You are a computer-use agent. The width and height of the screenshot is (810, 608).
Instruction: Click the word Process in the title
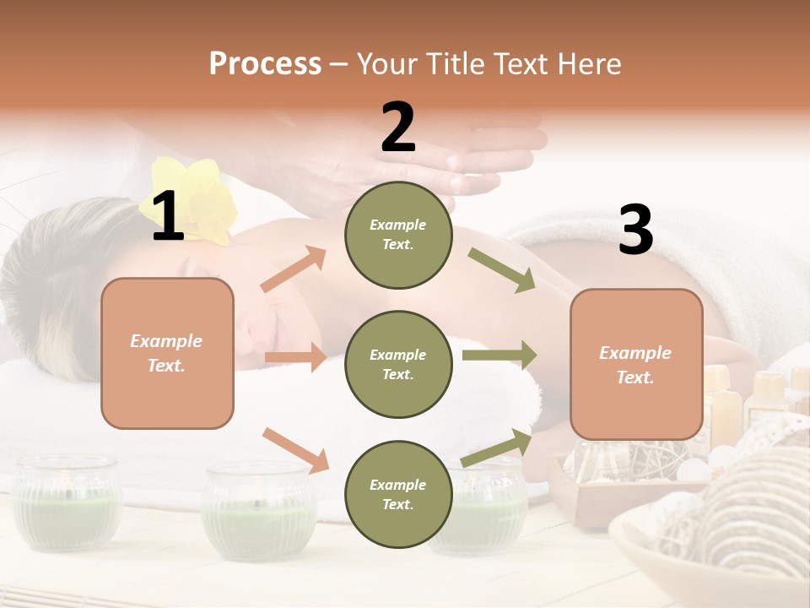click(x=265, y=64)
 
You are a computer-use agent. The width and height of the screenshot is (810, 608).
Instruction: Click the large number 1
click(x=168, y=217)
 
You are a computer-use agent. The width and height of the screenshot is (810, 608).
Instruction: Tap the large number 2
click(x=398, y=128)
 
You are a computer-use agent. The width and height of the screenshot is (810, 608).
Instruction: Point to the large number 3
click(x=635, y=230)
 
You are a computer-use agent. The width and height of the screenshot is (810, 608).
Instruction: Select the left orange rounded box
click(x=167, y=353)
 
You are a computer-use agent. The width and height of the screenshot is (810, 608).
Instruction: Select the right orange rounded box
click(x=636, y=364)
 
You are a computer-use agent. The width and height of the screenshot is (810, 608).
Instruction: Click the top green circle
click(x=398, y=235)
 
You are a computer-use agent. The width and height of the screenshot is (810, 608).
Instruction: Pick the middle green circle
click(x=398, y=364)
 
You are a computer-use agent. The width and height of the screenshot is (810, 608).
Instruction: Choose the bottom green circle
click(x=398, y=494)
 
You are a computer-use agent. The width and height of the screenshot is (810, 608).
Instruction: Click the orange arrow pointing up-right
click(x=294, y=269)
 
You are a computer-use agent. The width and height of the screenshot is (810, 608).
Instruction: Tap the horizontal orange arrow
click(x=296, y=357)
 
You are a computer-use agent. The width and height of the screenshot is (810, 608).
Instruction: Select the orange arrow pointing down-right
click(x=296, y=450)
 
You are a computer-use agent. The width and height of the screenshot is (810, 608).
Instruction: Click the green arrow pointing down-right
click(x=503, y=271)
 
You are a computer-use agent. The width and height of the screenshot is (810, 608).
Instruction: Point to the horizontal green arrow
click(x=499, y=355)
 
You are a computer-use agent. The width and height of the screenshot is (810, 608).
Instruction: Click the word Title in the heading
click(x=456, y=64)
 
